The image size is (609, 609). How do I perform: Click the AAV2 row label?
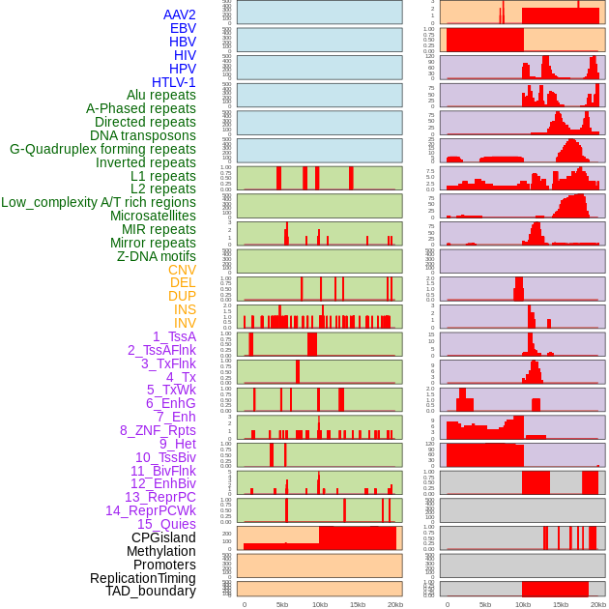point(179,14)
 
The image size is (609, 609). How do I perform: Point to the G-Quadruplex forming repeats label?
point(102,149)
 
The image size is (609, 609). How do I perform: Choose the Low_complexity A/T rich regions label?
point(99,202)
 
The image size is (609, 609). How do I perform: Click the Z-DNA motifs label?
point(156,256)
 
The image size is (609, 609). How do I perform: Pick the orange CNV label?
point(182,270)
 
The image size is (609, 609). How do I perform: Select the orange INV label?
point(185,323)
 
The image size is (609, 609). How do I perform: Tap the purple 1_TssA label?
point(174,336)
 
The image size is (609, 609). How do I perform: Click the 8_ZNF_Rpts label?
point(158,430)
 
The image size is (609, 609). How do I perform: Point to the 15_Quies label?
point(166,524)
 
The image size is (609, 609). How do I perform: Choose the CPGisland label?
point(163,537)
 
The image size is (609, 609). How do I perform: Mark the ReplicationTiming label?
point(142,578)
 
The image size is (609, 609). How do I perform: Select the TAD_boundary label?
point(150,591)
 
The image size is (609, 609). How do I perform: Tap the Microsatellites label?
point(153,216)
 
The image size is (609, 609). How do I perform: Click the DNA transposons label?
point(143,135)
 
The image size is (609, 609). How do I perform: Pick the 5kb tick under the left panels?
point(282,604)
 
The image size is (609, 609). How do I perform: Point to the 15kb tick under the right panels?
point(560,604)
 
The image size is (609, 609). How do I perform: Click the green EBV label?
point(183,28)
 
